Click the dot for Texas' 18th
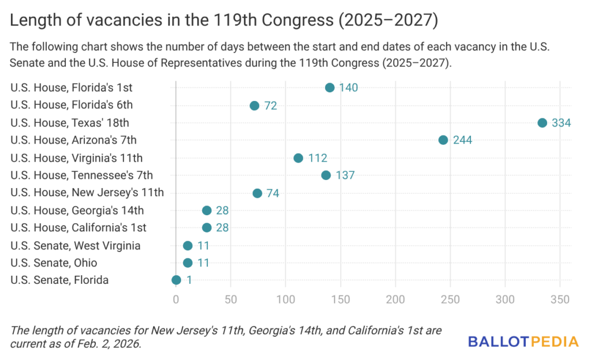click(x=542, y=123)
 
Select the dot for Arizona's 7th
click(x=443, y=140)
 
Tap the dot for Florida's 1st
click(x=330, y=88)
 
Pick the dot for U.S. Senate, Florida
click(x=176, y=280)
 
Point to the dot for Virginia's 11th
click(x=298, y=158)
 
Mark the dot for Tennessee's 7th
click(x=326, y=175)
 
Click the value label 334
click(x=560, y=123)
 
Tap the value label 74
click(x=273, y=193)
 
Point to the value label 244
click(x=462, y=140)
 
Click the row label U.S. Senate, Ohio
click(x=54, y=263)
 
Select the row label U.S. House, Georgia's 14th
click(x=77, y=211)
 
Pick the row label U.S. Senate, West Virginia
click(x=75, y=246)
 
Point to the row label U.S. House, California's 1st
click(x=78, y=228)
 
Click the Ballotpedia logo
click(x=523, y=342)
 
